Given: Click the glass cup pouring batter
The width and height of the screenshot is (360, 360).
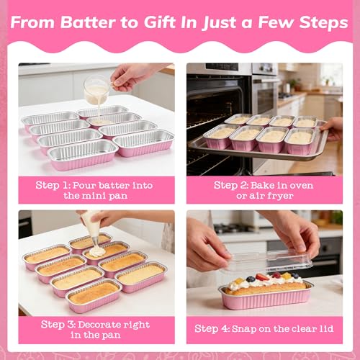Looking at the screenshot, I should (x=96, y=91).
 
